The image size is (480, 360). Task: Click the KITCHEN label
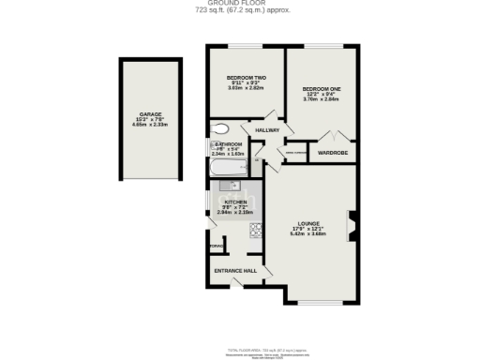[x=234, y=202]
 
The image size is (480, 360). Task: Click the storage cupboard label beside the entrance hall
[x=216, y=248]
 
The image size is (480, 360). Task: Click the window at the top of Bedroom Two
[x=246, y=46]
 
